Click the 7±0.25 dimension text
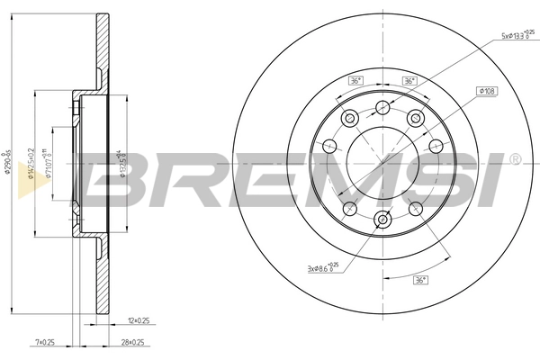pos(44,343)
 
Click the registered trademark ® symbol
pos(514,159)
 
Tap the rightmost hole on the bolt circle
pos(436,147)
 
